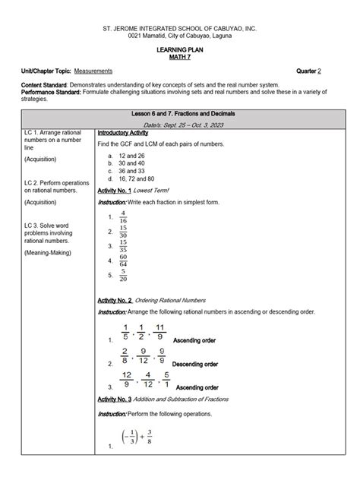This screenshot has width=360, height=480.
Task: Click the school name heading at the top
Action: click(180, 28)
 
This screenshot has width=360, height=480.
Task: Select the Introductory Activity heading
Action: click(122, 132)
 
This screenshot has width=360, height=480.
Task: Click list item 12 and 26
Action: click(131, 155)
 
